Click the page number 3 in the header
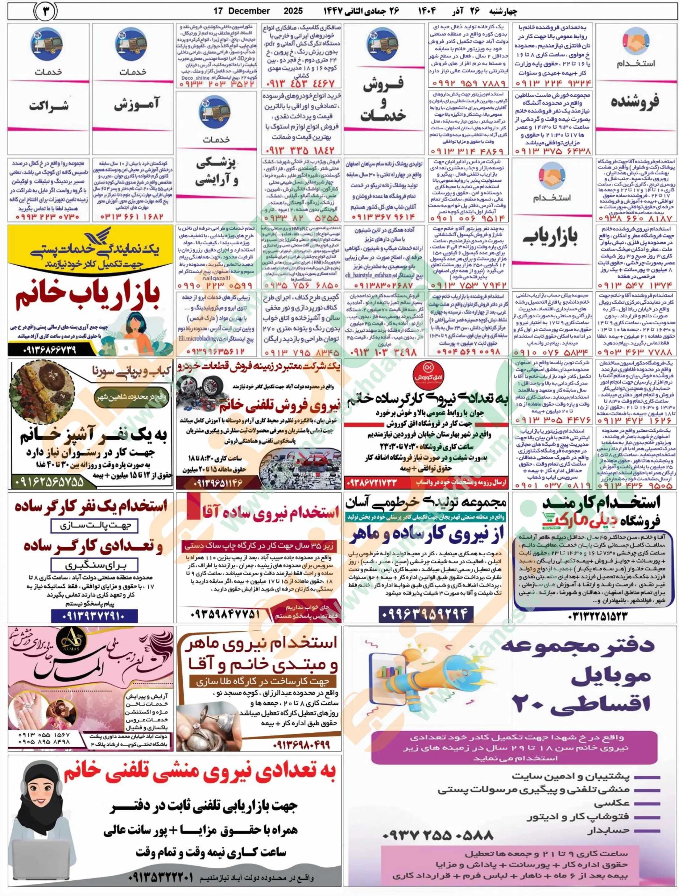[46, 11]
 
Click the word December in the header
[248, 11]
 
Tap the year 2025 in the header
[293, 11]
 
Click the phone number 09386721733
[372, 483]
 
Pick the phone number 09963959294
[424, 615]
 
